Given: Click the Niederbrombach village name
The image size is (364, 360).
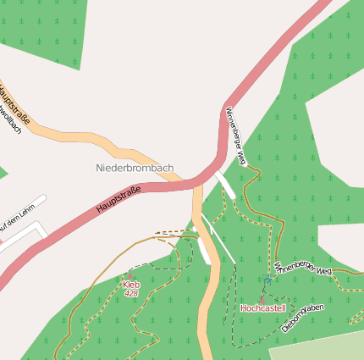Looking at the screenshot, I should [135, 168].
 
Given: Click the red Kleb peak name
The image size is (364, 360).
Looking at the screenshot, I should [131, 285].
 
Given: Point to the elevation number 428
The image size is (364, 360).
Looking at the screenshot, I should [131, 293].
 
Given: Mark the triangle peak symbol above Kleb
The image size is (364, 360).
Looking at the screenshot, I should [131, 276].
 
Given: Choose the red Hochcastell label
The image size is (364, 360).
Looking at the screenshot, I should [263, 309].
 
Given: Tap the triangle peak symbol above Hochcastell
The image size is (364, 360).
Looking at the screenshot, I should [262, 299].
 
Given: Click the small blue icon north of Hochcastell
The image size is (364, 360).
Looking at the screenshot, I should [267, 278].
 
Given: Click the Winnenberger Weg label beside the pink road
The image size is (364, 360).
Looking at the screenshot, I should [235, 136].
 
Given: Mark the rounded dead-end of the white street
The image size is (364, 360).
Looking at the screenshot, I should [42, 200].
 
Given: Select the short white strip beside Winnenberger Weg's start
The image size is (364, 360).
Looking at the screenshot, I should [226, 185].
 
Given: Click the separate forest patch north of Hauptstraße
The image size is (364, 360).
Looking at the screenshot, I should [42, 30].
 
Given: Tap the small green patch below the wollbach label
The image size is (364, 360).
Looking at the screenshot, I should [3, 173].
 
